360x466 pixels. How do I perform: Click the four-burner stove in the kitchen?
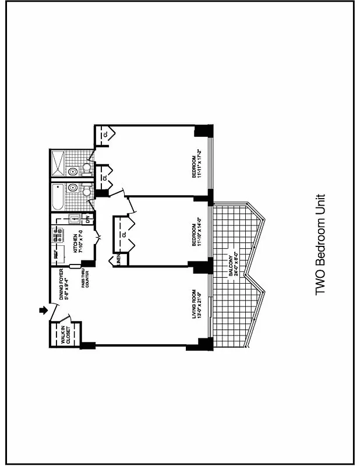[59, 235]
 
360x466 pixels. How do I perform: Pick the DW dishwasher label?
[87, 219]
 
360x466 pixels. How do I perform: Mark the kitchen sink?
[73, 220]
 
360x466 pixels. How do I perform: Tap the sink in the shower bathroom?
[73, 172]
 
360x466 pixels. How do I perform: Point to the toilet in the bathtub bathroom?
[86, 190]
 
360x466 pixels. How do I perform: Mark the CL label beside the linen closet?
[124, 235]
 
